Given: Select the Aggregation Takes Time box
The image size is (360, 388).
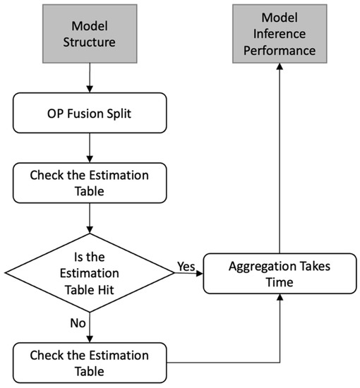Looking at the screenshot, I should [280, 274].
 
